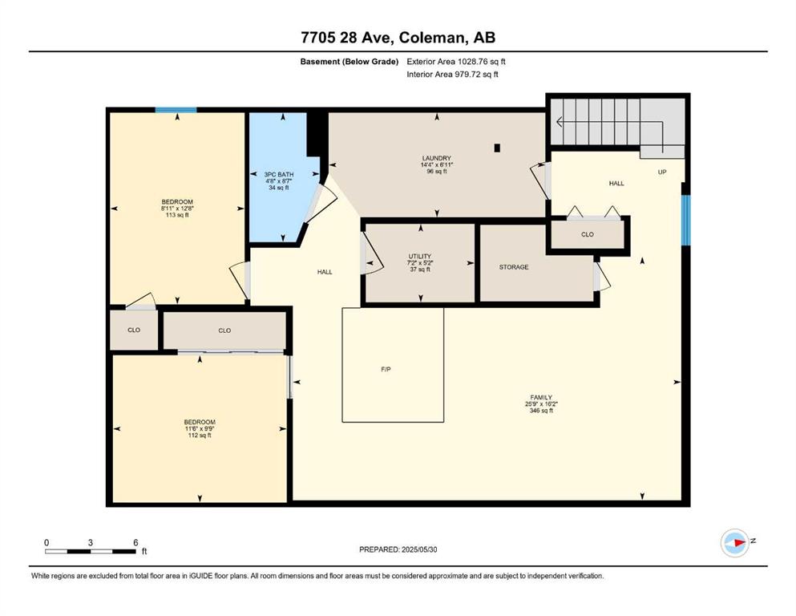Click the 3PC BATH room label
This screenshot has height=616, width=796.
click(279, 174)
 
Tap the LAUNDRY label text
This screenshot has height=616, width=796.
click(437, 159)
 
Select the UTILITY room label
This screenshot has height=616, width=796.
click(420, 257)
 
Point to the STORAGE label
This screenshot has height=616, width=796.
click(514, 267)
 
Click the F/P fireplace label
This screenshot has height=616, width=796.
click(386, 370)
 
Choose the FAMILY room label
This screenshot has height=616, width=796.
click(541, 398)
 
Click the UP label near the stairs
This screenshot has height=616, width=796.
click(662, 172)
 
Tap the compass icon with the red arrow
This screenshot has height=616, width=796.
click(735, 543)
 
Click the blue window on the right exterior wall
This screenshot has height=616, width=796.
click(686, 220)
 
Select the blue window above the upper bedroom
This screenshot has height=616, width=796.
click(176, 110)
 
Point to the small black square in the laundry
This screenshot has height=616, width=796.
click(498, 148)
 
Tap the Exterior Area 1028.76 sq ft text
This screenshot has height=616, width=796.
click(456, 62)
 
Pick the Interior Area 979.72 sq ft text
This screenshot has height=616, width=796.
click(452, 75)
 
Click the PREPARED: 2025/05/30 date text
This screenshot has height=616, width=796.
click(398, 549)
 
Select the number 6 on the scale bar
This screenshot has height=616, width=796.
click(135, 542)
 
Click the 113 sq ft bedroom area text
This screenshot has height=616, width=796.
click(177, 215)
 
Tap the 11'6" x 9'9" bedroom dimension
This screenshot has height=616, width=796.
click(200, 428)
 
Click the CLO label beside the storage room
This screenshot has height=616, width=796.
click(588, 235)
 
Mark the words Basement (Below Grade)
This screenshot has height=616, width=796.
click(350, 62)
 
